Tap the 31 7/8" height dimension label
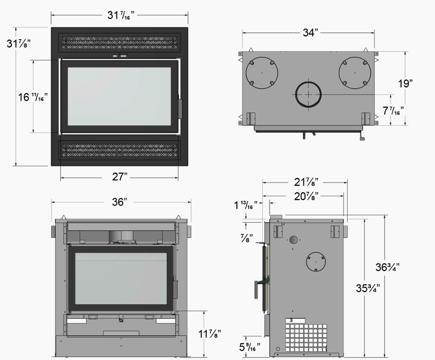(x=18, y=44)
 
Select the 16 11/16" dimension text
(x=33, y=97)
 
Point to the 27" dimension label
(x=120, y=177)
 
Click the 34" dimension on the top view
(x=310, y=32)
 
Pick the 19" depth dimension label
(x=405, y=83)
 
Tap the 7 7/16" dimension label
(x=393, y=111)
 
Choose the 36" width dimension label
(x=119, y=202)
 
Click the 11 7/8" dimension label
(x=210, y=334)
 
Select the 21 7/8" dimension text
(x=306, y=182)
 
